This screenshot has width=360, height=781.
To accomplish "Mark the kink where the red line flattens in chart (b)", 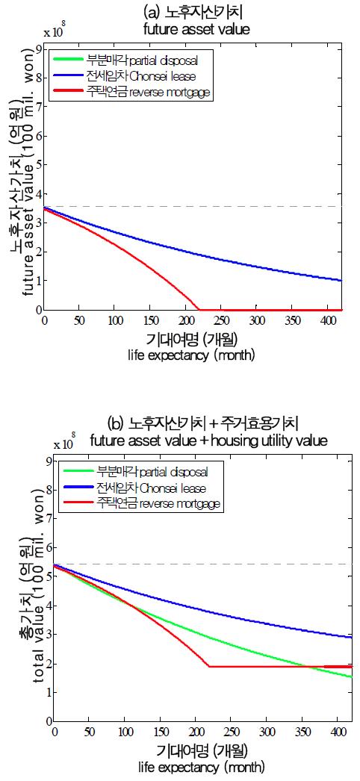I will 209,666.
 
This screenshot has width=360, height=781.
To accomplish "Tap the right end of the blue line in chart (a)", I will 342,281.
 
